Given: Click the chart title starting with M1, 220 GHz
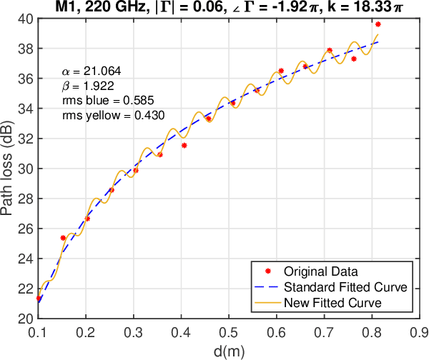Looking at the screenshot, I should [228, 8].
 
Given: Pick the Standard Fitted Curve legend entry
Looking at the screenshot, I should [345, 287].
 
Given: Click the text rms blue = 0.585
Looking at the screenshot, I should [108, 100].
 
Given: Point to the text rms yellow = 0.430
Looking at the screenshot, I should [113, 114].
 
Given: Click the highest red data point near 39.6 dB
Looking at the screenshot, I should [378, 24].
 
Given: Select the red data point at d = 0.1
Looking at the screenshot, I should [39, 298].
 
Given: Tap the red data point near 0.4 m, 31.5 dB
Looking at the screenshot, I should [184, 145].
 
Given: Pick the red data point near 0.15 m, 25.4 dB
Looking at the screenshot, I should [63, 237].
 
